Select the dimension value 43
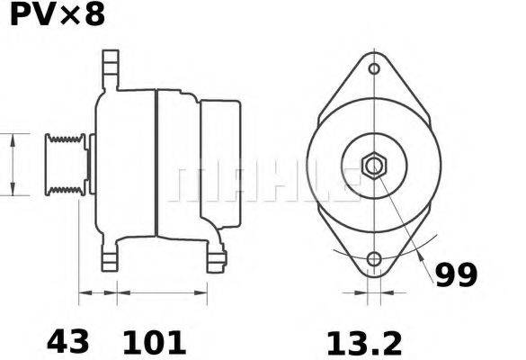(67, 342)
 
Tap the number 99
(456, 274)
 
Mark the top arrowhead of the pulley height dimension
(12, 138)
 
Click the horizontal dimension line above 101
(162, 292)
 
